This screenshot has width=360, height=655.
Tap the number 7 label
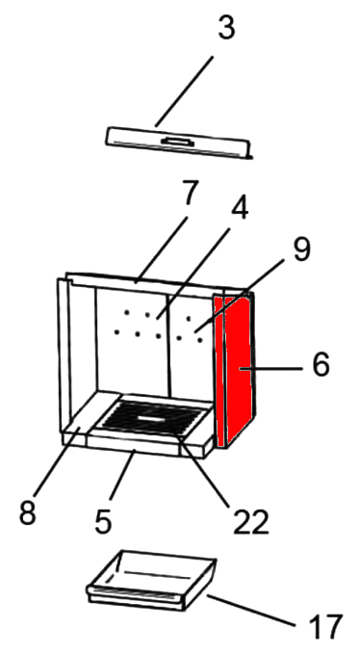pyautogui.click(x=189, y=193)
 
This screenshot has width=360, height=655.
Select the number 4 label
pyautogui.click(x=239, y=208)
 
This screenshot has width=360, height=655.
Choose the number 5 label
pyautogui.click(x=103, y=520)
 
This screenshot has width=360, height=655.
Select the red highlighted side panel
pyautogui.click(x=235, y=370)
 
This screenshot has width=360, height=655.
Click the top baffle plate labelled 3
pyautogui.click(x=178, y=143)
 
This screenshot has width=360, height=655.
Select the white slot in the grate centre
pyautogui.click(x=151, y=417)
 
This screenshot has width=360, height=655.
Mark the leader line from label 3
pyautogui.click(x=183, y=92)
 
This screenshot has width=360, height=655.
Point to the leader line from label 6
pyautogui.click(x=270, y=368)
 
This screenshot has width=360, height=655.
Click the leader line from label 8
pyautogui.click(x=57, y=462)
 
